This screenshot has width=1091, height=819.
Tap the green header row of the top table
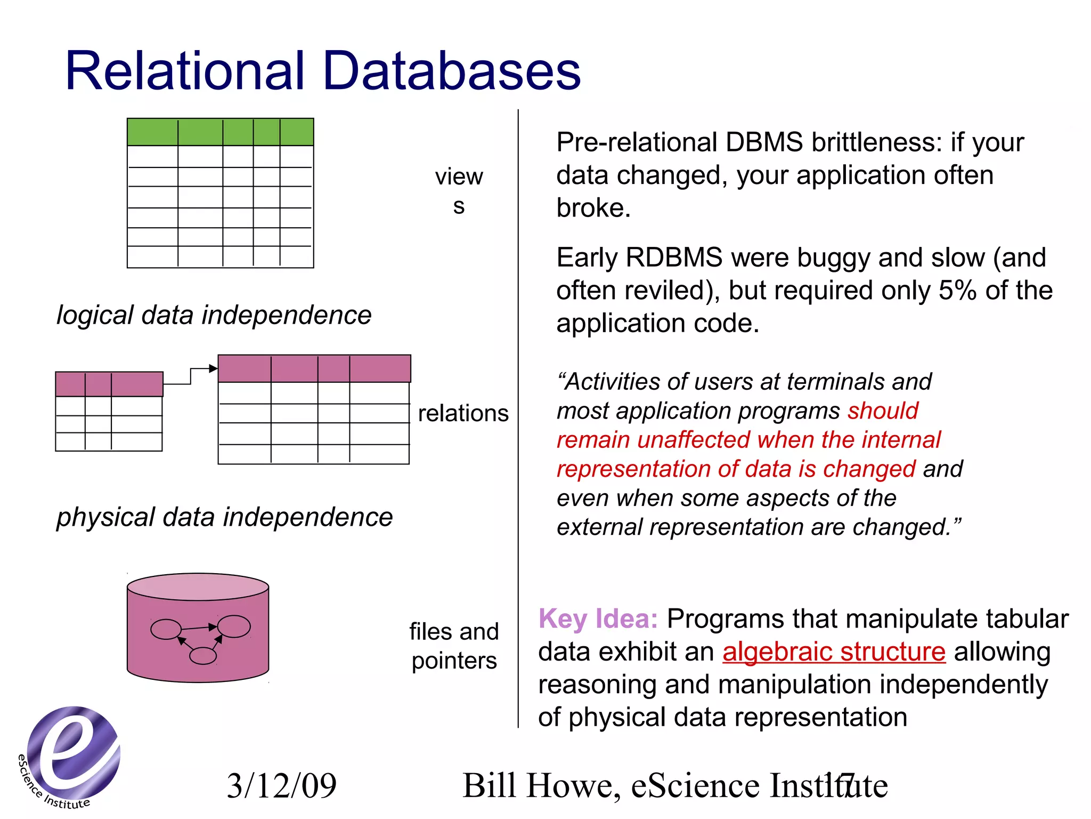(x=220, y=132)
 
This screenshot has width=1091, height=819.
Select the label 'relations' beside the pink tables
(x=463, y=413)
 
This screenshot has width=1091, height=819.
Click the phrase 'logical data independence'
(x=214, y=315)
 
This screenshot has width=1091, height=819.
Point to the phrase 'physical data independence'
(x=224, y=517)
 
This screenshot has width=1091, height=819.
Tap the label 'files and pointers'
(x=454, y=646)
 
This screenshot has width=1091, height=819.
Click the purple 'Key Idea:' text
(x=598, y=619)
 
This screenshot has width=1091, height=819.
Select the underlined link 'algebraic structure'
(x=834, y=652)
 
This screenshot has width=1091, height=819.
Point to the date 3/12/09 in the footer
(x=281, y=785)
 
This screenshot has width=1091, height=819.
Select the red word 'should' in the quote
(x=883, y=411)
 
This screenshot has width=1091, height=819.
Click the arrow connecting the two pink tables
(x=191, y=375)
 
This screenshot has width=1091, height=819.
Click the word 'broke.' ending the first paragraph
(x=593, y=208)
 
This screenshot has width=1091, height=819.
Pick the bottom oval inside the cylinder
(x=203, y=655)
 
